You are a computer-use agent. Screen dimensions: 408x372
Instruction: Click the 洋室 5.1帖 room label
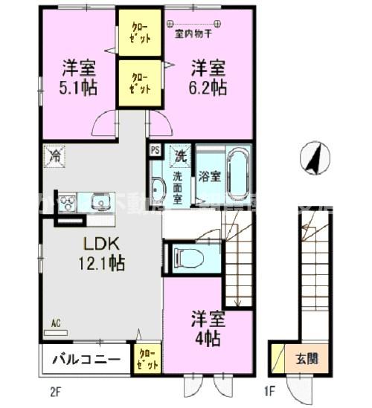[x=77, y=77]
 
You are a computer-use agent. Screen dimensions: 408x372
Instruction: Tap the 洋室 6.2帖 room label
[x=208, y=77]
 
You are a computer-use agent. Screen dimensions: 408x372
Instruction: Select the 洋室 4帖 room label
[x=208, y=327]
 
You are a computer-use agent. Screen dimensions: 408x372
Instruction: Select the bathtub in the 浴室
[x=238, y=175]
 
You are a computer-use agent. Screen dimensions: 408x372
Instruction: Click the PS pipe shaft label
[x=155, y=149]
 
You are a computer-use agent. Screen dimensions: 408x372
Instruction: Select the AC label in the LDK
[x=56, y=323]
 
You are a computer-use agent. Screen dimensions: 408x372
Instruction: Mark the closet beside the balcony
[x=146, y=359]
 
